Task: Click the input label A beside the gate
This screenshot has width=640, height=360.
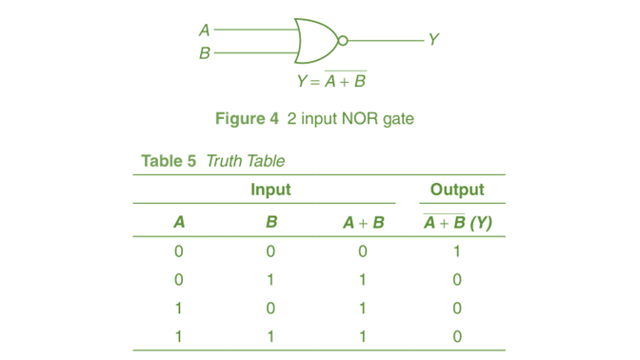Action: [204, 30]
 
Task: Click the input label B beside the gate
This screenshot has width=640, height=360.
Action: [204, 53]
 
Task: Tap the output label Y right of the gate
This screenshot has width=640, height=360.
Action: [433, 40]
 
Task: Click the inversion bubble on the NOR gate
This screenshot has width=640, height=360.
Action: [343, 41]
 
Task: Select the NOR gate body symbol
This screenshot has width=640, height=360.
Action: [314, 41]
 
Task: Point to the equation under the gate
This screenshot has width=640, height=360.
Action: [331, 81]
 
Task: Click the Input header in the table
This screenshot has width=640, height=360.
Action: [270, 190]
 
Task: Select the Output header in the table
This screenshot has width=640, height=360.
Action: [457, 190]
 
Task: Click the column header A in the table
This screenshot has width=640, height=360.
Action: [178, 224]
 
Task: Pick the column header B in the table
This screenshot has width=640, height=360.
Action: [270, 224]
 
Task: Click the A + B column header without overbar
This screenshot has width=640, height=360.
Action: [364, 224]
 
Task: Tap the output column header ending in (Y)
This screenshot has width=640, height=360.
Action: [457, 224]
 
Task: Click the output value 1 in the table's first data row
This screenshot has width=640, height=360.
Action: [457, 252]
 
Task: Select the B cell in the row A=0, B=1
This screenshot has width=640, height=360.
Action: [270, 280]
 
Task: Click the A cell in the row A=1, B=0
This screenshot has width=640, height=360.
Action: [178, 308]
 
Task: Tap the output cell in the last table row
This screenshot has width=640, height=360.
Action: [457, 335]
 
